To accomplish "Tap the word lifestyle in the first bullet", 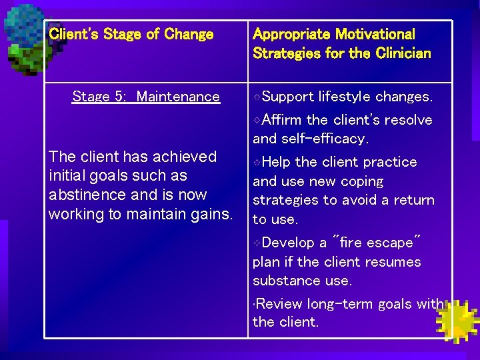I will (x=345, y=97).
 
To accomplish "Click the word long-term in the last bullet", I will (x=340, y=304).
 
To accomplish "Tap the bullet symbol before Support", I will (x=258, y=97).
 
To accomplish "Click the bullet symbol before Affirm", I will (x=258, y=121).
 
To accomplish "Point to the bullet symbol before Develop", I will (x=258, y=243).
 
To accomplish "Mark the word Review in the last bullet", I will (x=279, y=304).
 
